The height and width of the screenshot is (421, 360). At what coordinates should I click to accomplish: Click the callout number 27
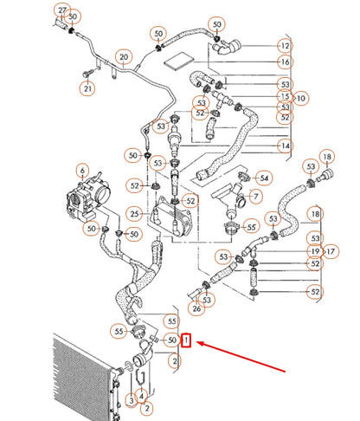coord(61,10)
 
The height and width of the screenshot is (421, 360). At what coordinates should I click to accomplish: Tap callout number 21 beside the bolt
coord(87,87)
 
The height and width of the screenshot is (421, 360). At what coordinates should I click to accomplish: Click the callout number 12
coord(285,45)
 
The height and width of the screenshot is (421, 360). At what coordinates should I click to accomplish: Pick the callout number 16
coord(285,62)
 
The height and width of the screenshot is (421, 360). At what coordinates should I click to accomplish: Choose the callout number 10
coord(301,98)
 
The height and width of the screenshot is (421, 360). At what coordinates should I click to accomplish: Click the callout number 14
coord(285,146)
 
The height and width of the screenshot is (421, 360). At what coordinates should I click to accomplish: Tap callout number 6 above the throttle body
coord(82,170)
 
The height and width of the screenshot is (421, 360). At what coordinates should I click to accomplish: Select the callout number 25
coord(134,213)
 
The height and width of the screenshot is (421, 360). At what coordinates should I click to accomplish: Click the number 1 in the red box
coord(186,342)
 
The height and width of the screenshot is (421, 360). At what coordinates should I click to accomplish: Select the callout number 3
coord(131,399)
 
